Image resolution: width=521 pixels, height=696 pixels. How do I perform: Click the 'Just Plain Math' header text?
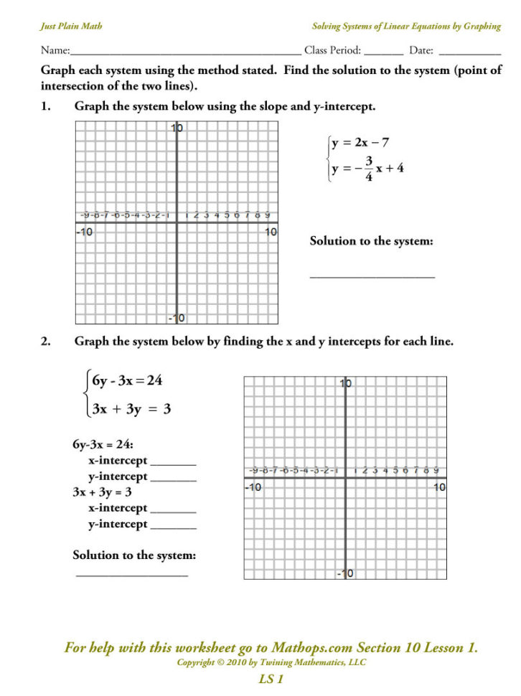tap(71, 27)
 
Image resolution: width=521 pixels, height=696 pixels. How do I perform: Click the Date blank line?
tap(469, 53)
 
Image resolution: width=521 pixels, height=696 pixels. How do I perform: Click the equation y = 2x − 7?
tap(360, 143)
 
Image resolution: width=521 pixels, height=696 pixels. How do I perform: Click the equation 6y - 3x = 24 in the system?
tap(127, 381)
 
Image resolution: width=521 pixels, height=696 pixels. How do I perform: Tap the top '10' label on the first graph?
tap(177, 128)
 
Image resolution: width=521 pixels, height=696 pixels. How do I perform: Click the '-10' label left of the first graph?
tap(85, 232)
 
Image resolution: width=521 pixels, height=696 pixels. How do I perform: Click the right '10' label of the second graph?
tap(439, 487)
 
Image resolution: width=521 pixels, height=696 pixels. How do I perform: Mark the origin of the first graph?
tap(177, 222)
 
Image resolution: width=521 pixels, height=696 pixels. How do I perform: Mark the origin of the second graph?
tap(345, 477)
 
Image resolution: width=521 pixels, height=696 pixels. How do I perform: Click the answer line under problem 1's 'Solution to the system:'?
tap(372, 276)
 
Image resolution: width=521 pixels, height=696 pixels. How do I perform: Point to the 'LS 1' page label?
tap(271, 679)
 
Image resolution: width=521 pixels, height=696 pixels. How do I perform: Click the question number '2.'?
tap(45, 342)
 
